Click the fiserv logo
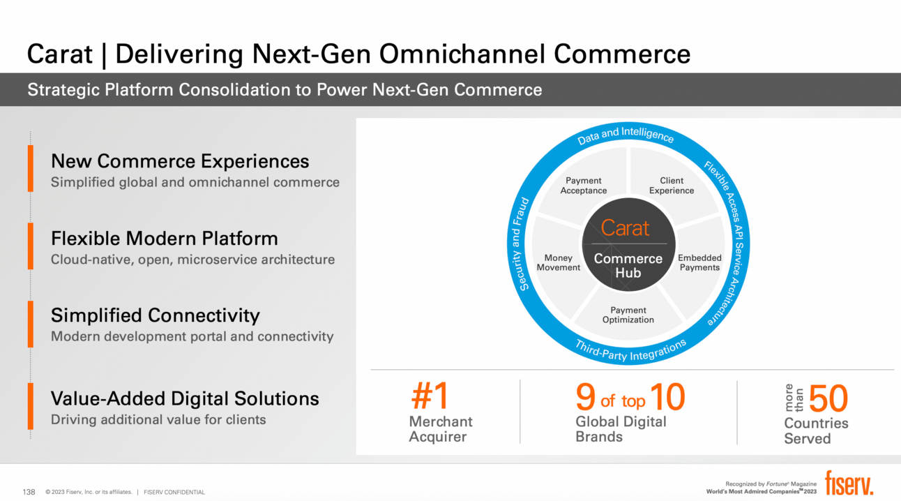coord(849,483)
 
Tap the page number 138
coord(29,492)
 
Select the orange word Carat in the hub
coord(625,227)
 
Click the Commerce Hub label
coord(628,266)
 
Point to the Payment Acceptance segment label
coord(583,186)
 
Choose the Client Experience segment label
coord(672,186)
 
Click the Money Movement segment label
coord(559,262)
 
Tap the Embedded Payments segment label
coord(699,262)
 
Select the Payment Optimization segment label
coord(628,315)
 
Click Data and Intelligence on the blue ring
coord(626,135)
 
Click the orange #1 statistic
coord(430,396)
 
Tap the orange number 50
coord(828,398)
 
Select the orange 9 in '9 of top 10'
coord(585,397)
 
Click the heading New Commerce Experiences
coord(180,161)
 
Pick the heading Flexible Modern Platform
coord(164,238)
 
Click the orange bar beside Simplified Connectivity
coord(31,324)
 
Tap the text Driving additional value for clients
coord(158,420)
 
